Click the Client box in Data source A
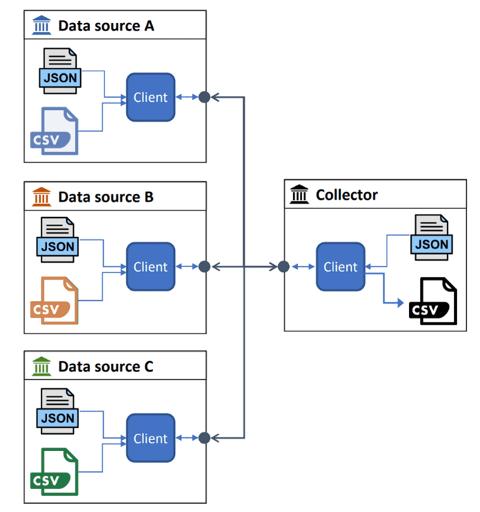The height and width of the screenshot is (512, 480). [150, 98]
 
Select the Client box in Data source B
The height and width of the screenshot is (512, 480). [150, 266]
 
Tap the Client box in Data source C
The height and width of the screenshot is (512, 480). [150, 438]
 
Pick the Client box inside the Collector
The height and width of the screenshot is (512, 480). [340, 266]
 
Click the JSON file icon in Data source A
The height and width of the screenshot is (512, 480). [60, 70]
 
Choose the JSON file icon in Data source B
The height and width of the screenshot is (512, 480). [57, 239]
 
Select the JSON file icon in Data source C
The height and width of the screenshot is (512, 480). [57, 410]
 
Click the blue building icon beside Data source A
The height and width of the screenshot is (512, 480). [41, 26]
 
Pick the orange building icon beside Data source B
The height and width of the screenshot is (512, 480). [41, 197]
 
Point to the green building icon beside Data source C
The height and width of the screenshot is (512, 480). [41, 367]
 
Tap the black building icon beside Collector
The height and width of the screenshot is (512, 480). [299, 195]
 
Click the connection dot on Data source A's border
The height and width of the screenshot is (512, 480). [204, 98]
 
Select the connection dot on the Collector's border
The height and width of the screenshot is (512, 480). [284, 266]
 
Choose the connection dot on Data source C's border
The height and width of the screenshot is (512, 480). [204, 438]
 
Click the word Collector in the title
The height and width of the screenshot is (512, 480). [347, 195]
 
